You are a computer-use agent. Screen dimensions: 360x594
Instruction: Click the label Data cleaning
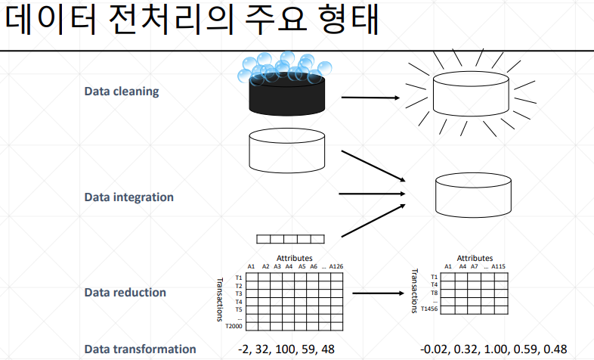pyautogui.click(x=121, y=92)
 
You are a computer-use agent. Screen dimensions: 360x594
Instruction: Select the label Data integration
pyautogui.click(x=128, y=197)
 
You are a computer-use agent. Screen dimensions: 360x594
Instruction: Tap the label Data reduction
pyautogui.click(x=125, y=292)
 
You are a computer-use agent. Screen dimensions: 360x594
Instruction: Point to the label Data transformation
pyautogui.click(x=140, y=349)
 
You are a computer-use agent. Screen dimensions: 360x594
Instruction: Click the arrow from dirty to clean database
pyautogui.click(x=370, y=98)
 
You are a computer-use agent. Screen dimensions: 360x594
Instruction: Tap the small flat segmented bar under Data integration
pyautogui.click(x=290, y=239)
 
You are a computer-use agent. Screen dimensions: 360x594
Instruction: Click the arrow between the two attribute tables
pyautogui.click(x=376, y=293)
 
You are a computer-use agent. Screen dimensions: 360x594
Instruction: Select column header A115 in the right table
pyautogui.click(x=500, y=266)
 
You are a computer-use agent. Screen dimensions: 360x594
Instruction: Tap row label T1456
pyautogui.click(x=429, y=309)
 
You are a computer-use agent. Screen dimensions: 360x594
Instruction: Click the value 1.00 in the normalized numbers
pyautogui.click(x=495, y=349)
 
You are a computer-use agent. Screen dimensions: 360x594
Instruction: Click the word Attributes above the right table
pyautogui.click(x=475, y=258)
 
